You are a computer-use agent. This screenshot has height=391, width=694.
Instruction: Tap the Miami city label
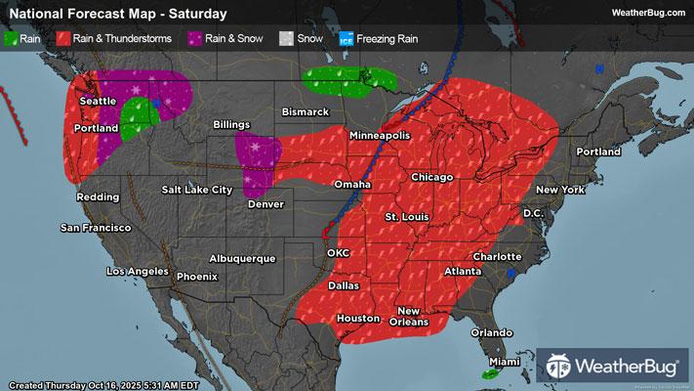(x=504, y=362)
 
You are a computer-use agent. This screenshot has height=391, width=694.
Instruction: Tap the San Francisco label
(x=96, y=228)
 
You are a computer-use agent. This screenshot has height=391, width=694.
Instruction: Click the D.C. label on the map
(x=533, y=211)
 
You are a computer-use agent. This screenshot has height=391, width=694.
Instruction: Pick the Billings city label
(x=232, y=125)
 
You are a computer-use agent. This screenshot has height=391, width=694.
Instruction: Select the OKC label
(x=338, y=252)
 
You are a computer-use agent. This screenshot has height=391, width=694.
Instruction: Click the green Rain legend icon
(x=11, y=39)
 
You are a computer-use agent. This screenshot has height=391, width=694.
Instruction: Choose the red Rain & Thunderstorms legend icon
(x=61, y=39)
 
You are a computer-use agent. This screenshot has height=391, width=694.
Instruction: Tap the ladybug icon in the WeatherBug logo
(x=560, y=367)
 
